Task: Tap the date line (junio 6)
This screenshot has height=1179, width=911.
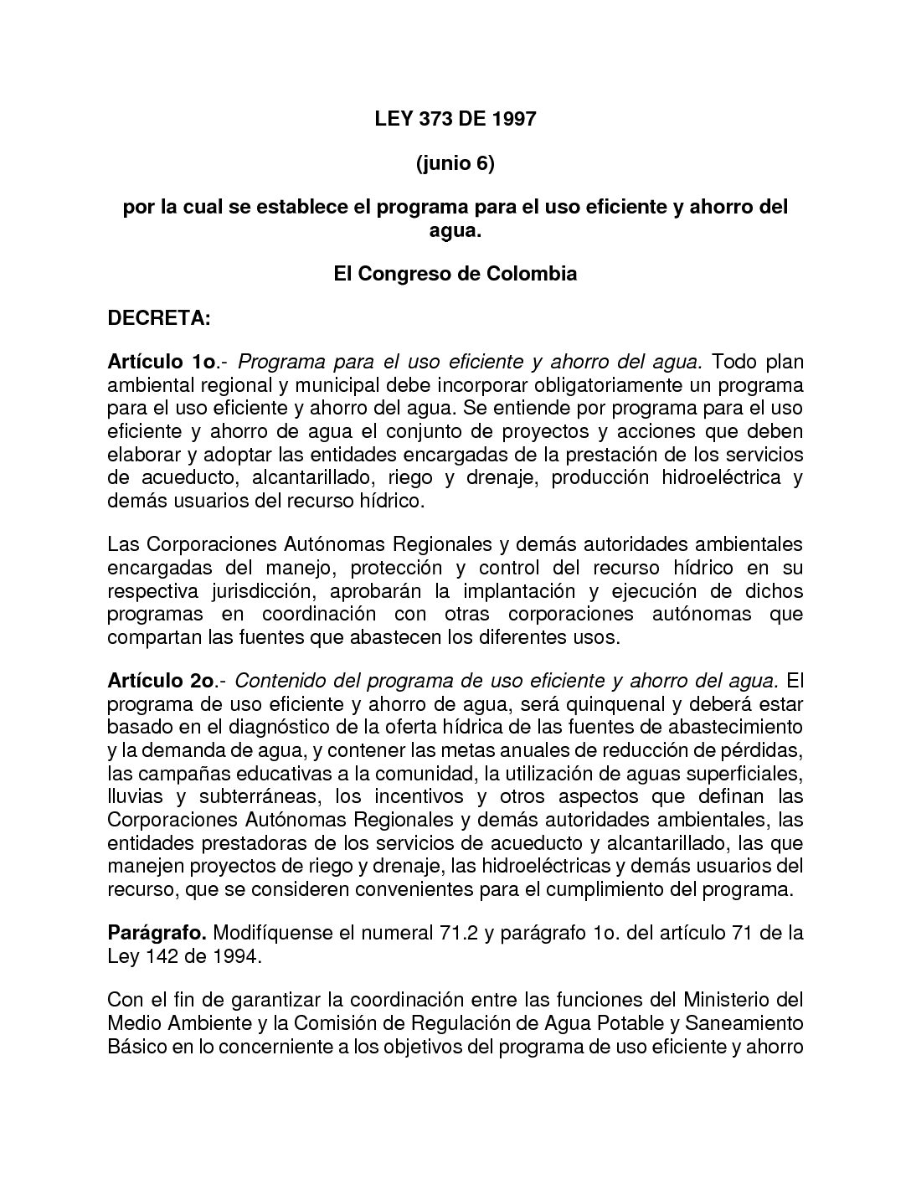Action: pos(455,163)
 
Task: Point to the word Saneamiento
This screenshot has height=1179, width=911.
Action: pos(744,1023)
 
